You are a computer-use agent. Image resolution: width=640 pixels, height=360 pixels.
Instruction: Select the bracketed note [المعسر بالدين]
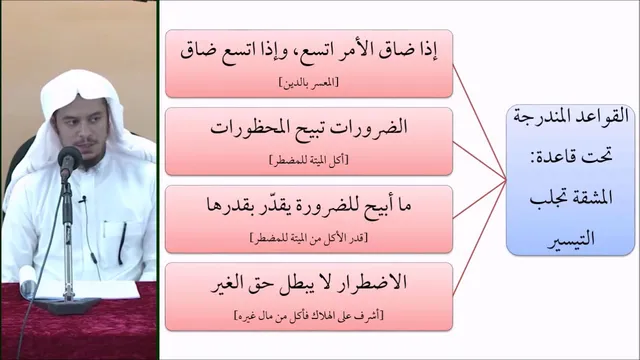pos(309,83)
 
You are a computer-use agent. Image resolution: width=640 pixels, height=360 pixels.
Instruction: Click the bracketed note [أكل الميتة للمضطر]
pos(309,160)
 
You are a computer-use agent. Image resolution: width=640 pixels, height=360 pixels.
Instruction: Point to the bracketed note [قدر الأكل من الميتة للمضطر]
pos(309,238)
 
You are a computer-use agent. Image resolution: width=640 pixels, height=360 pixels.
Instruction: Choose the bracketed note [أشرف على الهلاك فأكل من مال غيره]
pos(309,316)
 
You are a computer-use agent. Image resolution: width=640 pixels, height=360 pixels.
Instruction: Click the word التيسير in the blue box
pos(571,239)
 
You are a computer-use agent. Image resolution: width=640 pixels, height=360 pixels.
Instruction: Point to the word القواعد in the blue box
pos(605,117)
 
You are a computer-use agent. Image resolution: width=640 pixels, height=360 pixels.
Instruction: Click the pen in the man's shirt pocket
pos(122,242)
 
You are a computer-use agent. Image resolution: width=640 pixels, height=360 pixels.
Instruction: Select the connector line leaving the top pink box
pos(480,122)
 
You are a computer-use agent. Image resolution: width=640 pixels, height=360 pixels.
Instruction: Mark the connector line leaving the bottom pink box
pos(480,238)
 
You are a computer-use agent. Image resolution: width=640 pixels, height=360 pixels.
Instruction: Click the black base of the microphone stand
pos(67,305)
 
